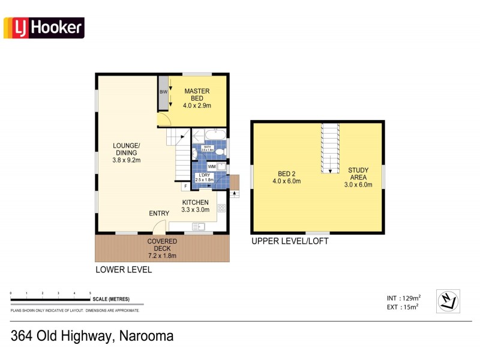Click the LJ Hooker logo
(x=44, y=28)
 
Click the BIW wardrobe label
(x=163, y=92)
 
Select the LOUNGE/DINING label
(x=126, y=153)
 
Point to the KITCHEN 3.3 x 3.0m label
(x=196, y=206)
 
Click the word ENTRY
(x=159, y=214)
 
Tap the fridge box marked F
(x=186, y=187)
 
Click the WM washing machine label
(x=211, y=167)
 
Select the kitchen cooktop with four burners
(x=221, y=208)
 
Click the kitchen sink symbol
(x=198, y=226)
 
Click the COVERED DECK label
(x=162, y=248)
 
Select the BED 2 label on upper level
(x=286, y=177)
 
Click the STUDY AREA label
(x=358, y=177)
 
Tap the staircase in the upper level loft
(x=329, y=148)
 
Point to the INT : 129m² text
(x=404, y=298)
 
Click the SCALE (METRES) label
(x=110, y=299)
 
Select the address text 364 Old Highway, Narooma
(x=92, y=336)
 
